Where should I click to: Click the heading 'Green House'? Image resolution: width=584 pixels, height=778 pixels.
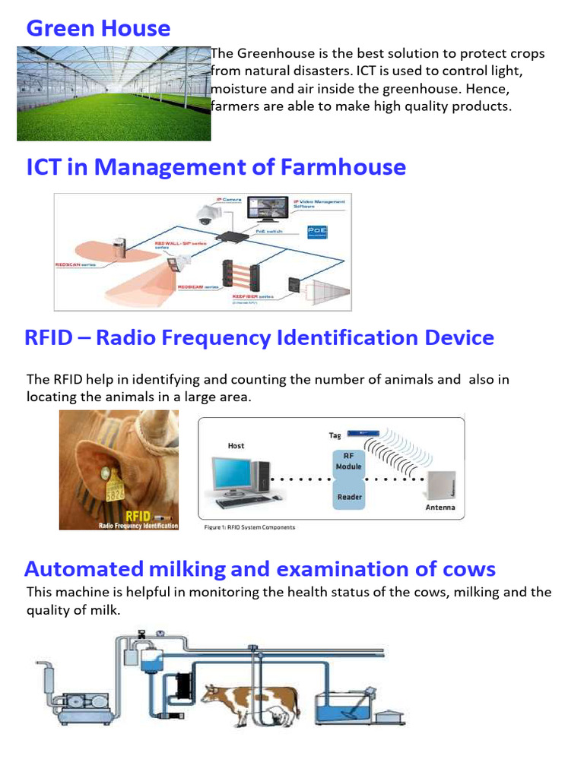98,29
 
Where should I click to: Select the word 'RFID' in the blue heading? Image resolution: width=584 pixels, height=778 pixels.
49,337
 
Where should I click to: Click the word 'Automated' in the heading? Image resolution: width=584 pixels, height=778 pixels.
84,569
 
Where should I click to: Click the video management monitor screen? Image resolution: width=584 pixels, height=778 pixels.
268,207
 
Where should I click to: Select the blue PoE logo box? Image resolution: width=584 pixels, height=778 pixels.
316,231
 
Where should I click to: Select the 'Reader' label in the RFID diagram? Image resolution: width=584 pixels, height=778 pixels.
350,497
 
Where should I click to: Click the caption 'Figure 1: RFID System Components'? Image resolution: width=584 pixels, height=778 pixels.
250,527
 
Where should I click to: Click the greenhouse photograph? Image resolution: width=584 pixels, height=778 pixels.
114,93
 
